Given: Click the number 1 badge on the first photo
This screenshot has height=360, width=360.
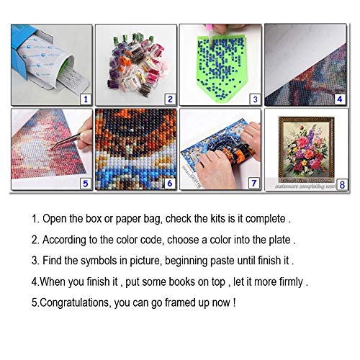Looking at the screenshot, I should click(x=86, y=99).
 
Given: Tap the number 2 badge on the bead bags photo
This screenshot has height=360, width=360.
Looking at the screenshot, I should click(x=170, y=99).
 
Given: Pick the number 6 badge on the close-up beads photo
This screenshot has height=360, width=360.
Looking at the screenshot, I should click(x=170, y=183).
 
